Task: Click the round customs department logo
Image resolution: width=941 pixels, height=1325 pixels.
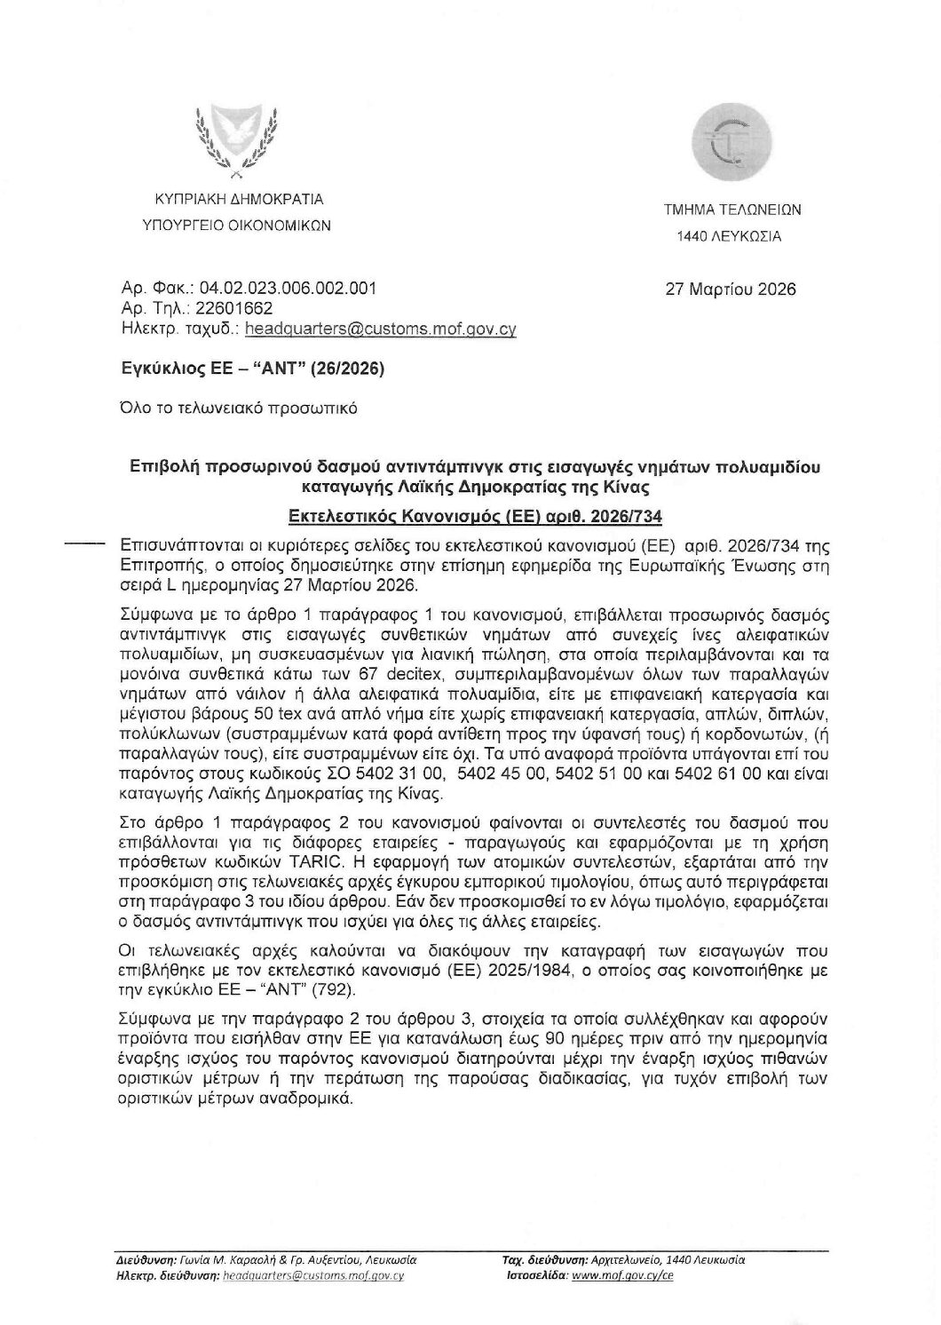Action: point(732,144)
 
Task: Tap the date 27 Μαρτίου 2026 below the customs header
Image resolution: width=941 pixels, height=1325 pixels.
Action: point(731,290)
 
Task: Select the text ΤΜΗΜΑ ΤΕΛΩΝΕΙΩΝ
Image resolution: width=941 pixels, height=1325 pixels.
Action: point(732,210)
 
